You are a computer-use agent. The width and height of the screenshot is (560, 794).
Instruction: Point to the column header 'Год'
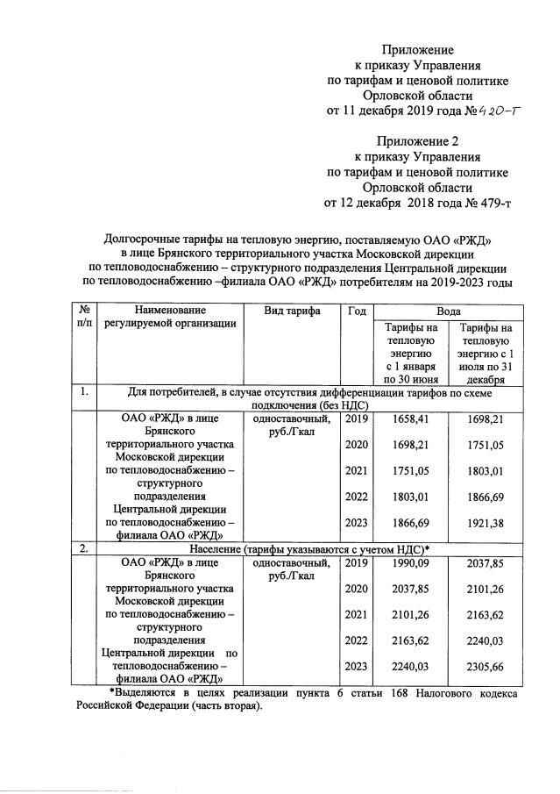(x=356, y=311)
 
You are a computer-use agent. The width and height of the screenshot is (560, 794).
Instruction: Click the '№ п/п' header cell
(x=86, y=318)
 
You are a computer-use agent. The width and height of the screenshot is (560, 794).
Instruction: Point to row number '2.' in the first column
(x=84, y=548)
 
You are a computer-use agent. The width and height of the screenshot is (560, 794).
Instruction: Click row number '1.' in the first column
(x=84, y=392)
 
